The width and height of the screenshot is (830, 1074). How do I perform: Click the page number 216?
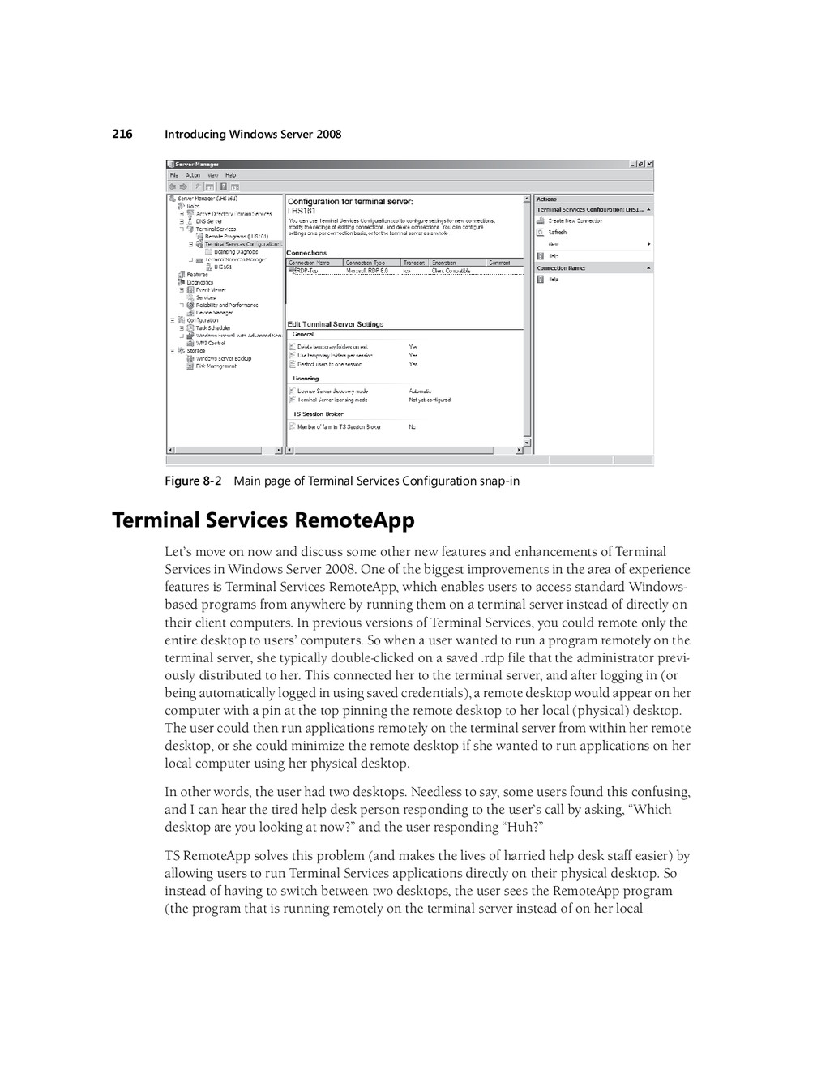coord(122,134)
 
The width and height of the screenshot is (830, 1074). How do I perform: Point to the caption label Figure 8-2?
coord(193,481)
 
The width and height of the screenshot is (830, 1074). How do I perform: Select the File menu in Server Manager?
coord(173,175)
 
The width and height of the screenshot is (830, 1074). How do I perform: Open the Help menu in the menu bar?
coord(231,175)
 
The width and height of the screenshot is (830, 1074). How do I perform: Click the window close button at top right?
coord(649,165)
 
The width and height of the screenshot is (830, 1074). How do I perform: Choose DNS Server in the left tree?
coord(208,221)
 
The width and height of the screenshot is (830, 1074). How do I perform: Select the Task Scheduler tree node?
coord(213,328)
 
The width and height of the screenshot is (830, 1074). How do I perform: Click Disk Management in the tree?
coord(216,366)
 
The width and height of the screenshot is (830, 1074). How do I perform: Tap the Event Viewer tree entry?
coord(211,289)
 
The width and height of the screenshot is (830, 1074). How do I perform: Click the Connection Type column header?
coord(366,263)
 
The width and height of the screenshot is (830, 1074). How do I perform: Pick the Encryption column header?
coord(444,263)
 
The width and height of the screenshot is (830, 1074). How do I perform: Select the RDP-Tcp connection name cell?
coord(305,271)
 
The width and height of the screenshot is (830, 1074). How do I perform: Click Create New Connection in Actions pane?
coord(575,220)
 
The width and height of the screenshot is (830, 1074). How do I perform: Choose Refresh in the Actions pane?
coord(558,233)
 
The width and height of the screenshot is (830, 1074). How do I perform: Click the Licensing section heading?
coord(306,379)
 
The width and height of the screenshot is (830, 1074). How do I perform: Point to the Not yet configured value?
coord(430,400)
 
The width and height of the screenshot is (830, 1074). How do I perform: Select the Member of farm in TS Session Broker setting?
coord(338,426)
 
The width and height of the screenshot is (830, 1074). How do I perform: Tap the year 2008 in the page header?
coord(328,134)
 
